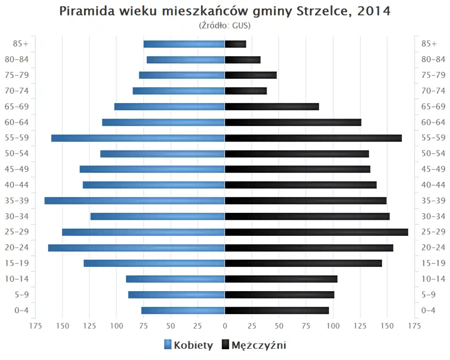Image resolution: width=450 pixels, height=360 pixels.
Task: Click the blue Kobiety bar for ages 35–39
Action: click(135, 201)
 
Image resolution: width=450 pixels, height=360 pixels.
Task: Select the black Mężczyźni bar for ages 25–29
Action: click(316, 232)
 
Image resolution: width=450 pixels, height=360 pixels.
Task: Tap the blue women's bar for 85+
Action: click(184, 44)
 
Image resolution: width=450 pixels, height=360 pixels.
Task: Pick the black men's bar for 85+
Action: click(235, 44)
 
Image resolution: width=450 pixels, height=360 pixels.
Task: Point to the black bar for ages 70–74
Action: click(246, 91)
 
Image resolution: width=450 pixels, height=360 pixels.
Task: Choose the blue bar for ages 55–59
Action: click(138, 138)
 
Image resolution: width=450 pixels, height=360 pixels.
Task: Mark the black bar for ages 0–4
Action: click(277, 310)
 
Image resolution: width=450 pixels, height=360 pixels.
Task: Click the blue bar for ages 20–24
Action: click(136, 247)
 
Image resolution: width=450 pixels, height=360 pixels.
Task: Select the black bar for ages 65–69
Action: click(272, 106)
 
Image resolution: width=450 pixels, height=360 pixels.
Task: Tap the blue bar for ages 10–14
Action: click(175, 279)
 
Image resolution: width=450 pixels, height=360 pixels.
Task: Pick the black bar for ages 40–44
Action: click(300, 185)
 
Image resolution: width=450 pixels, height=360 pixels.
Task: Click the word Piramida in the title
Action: click(83, 11)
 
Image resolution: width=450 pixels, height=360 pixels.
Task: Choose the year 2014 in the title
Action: click(374, 11)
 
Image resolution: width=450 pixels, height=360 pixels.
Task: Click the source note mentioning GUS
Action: click(225, 25)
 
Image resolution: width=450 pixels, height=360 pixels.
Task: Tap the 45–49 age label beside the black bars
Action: click(433, 169)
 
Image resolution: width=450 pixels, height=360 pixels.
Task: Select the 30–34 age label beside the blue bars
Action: click(17, 216)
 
